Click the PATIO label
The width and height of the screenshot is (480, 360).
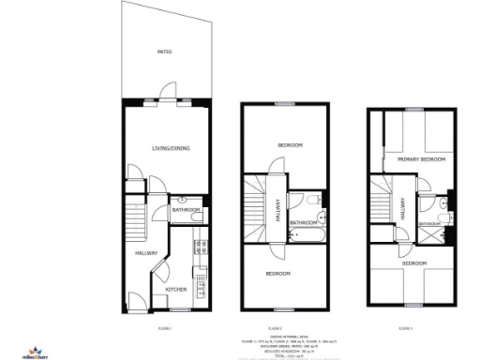164,52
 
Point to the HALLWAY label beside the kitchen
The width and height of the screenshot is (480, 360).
146,253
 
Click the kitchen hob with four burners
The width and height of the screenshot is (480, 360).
200,247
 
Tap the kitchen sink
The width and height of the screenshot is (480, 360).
200,277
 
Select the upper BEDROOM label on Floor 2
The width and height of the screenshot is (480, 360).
289,145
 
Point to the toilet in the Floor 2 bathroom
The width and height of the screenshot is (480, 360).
312,202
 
